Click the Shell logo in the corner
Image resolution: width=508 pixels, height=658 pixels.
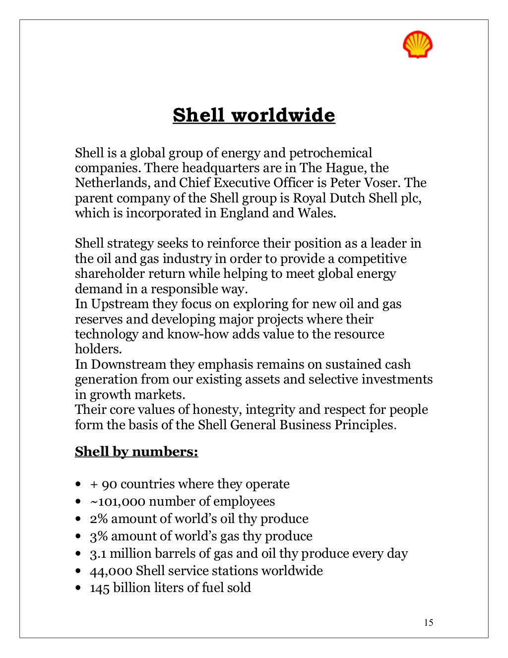[x=417, y=45]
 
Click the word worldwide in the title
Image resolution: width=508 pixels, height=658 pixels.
[x=283, y=115]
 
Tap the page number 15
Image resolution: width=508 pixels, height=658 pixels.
[x=429, y=623]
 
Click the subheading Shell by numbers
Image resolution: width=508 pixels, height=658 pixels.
[x=136, y=452]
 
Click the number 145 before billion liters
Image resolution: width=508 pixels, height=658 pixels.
[x=99, y=588]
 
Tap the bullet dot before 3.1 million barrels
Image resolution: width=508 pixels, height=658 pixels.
[x=78, y=554]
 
